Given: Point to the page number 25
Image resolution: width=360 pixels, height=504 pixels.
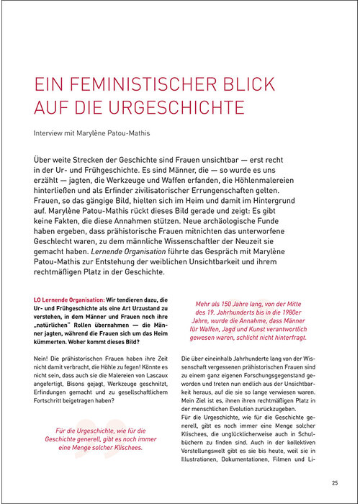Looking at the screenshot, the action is coord(336,483).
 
